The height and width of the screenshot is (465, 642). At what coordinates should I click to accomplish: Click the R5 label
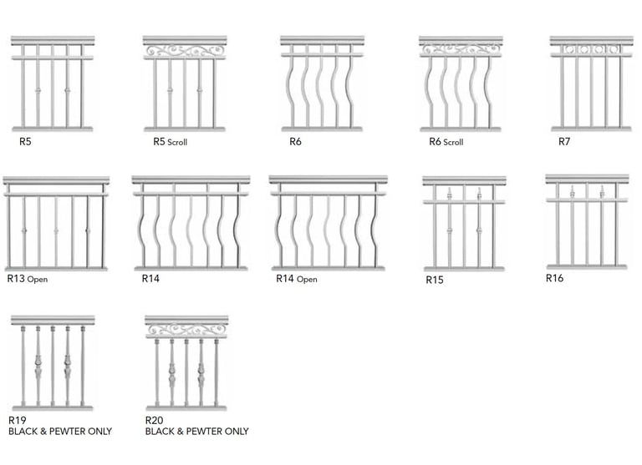(25, 142)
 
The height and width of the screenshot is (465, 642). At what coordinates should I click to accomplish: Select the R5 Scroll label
(170, 142)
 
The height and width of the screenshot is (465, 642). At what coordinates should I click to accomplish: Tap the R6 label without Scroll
(295, 142)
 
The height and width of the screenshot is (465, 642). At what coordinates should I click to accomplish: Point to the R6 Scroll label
(446, 142)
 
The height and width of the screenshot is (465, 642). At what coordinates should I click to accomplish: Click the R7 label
(564, 142)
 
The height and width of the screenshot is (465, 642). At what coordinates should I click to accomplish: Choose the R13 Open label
(27, 279)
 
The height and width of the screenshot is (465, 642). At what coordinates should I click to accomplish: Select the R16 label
(555, 278)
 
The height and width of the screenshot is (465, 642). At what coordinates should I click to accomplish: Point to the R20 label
(155, 420)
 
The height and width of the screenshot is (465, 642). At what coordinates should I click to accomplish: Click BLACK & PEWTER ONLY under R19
(60, 432)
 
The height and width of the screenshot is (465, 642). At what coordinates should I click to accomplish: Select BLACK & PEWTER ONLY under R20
(196, 432)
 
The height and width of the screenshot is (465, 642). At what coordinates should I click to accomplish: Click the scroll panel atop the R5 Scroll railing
(185, 51)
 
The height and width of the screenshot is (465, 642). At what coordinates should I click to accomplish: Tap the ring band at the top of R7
(591, 49)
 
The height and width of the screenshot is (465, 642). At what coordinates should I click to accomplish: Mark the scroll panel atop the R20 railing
(186, 331)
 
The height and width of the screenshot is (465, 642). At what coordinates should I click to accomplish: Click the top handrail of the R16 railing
(587, 179)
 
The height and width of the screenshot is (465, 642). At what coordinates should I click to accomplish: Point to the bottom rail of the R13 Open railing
(56, 268)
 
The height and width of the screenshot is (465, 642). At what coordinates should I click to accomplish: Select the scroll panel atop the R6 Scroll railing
(461, 49)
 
